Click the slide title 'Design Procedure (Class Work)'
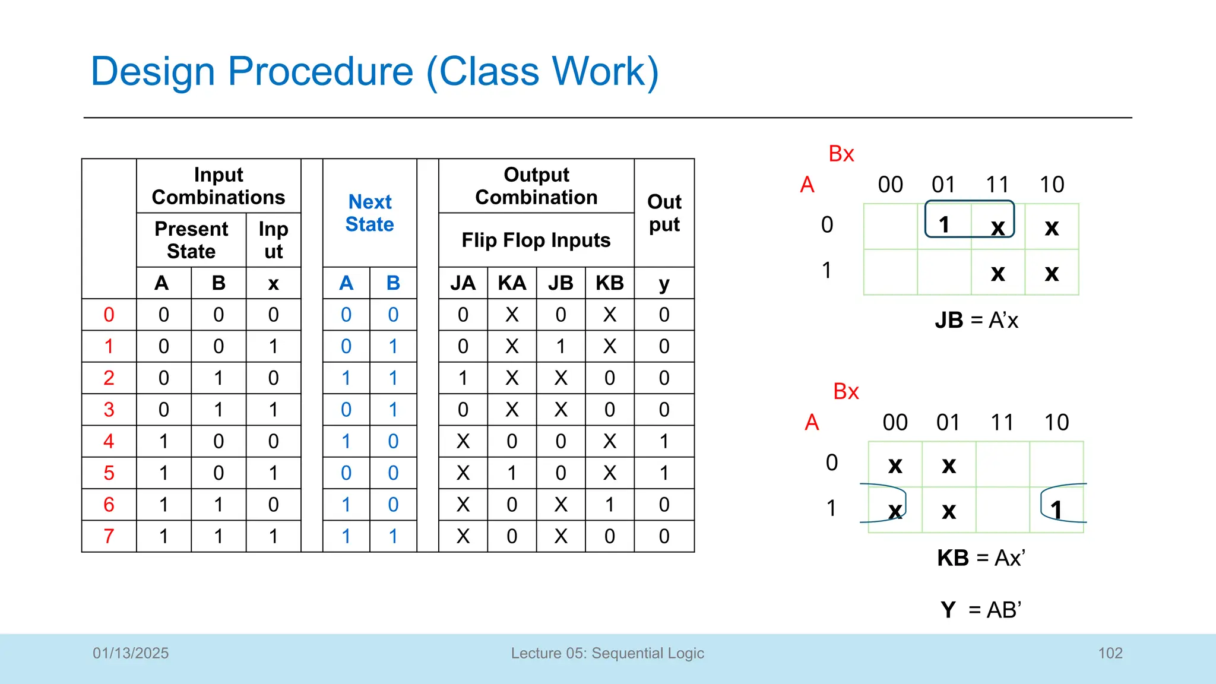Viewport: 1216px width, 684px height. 375,72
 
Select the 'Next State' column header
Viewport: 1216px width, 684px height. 370,213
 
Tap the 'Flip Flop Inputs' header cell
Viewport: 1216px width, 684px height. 536,240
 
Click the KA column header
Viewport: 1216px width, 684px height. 512,283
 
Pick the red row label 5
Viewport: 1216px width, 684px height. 109,473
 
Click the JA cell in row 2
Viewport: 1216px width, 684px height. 463,378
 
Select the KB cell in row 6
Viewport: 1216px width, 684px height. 610,505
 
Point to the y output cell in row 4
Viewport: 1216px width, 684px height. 664,442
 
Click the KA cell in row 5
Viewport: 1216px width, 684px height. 512,473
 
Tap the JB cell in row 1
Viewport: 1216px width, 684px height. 560,347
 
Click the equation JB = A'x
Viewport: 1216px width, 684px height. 977,321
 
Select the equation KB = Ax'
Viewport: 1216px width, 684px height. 981,558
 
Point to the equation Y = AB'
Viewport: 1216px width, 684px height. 981,610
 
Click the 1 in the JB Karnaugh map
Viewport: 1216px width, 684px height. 944,225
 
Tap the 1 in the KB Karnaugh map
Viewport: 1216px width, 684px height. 1056,509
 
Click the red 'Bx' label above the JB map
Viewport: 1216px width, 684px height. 841,154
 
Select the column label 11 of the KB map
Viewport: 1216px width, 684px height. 1002,423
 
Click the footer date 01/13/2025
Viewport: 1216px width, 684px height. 131,653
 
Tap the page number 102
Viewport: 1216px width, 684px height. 1110,653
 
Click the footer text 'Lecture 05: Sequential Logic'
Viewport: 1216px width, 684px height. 607,653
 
